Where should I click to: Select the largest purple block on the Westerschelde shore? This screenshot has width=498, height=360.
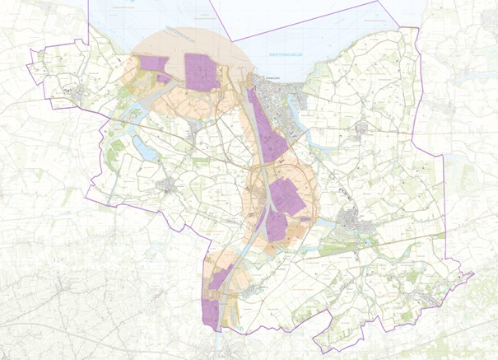click(x=202, y=71)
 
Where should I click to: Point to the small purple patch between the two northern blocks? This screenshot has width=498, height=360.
click(x=164, y=79)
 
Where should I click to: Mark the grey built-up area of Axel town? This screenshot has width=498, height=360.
click(x=355, y=221)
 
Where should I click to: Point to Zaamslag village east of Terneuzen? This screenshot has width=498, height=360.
click(x=362, y=128)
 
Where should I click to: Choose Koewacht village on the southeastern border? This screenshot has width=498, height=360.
click(x=428, y=297)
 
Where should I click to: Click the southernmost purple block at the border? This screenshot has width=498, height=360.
click(x=211, y=313)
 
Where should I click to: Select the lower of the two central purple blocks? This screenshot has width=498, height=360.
click(x=277, y=226)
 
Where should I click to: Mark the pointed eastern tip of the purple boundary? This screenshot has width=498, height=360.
click(x=473, y=274)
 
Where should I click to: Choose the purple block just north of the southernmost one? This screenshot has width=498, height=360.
click(x=220, y=278)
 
